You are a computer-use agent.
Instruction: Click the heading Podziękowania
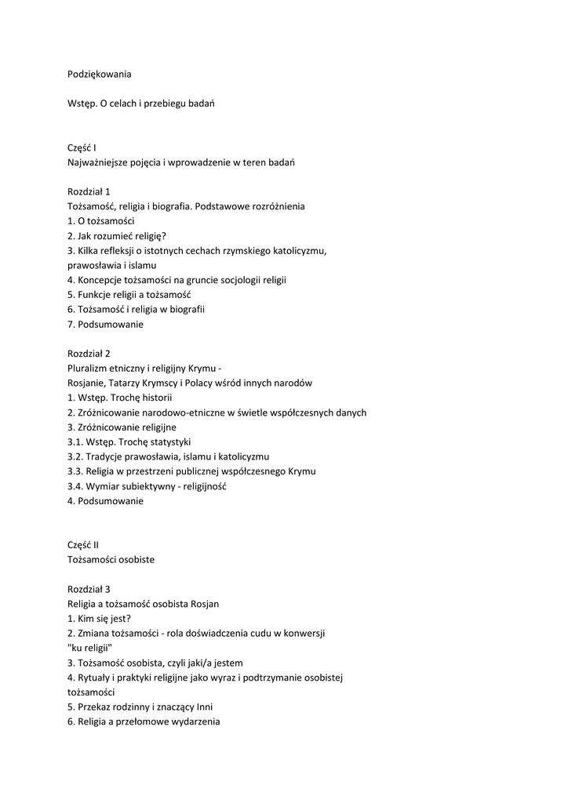pyautogui.click(x=100, y=74)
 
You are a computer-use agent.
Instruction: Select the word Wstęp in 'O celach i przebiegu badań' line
pyautogui.click(x=82, y=104)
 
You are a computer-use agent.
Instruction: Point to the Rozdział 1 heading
pyautogui.click(x=89, y=191)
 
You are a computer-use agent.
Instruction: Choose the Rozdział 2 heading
pyautogui.click(x=89, y=353)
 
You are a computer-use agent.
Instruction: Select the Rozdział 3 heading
pyautogui.click(x=89, y=588)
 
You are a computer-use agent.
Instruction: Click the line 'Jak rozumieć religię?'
pyautogui.click(x=117, y=236)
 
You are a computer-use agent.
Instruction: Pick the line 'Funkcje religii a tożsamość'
pyautogui.click(x=129, y=295)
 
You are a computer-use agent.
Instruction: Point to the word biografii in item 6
pyautogui.click(x=186, y=309)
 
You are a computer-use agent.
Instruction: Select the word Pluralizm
pyautogui.click(x=89, y=368)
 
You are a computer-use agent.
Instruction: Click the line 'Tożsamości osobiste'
pyautogui.click(x=111, y=559)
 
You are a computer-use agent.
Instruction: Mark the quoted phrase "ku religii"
pyautogui.click(x=89, y=648)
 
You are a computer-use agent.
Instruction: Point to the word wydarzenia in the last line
pyautogui.click(x=195, y=721)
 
